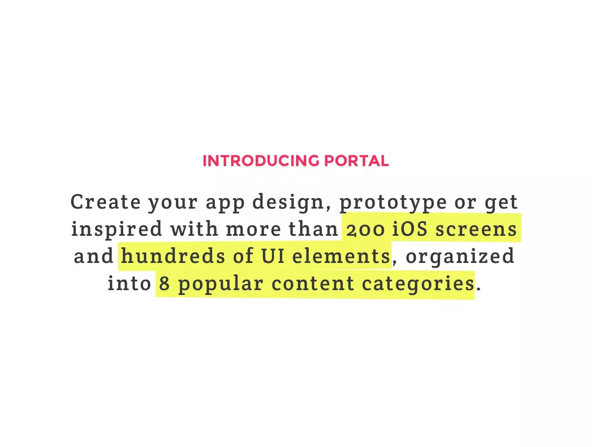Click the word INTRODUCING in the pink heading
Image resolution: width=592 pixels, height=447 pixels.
pos(261,161)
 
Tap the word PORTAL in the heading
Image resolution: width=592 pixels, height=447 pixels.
pos(356,161)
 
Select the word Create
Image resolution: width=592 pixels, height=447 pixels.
pos(105,202)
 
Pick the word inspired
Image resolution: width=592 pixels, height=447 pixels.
pos(117,230)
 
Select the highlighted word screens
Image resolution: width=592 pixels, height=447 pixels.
pos(476,230)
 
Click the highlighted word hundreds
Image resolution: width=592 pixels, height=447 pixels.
pos(173,255)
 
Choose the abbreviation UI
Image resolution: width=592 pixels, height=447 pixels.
pos(273,255)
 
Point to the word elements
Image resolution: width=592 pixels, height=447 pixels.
pos(341,255)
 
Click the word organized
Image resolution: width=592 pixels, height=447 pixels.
pos(460,257)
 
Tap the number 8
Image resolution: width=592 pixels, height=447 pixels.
pos(164,283)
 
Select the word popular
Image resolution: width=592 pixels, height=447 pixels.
pos(221,284)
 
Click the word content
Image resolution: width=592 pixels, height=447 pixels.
pos(313,284)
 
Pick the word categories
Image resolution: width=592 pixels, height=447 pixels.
pos(418,284)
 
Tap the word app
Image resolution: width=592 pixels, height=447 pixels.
pos(225,204)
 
